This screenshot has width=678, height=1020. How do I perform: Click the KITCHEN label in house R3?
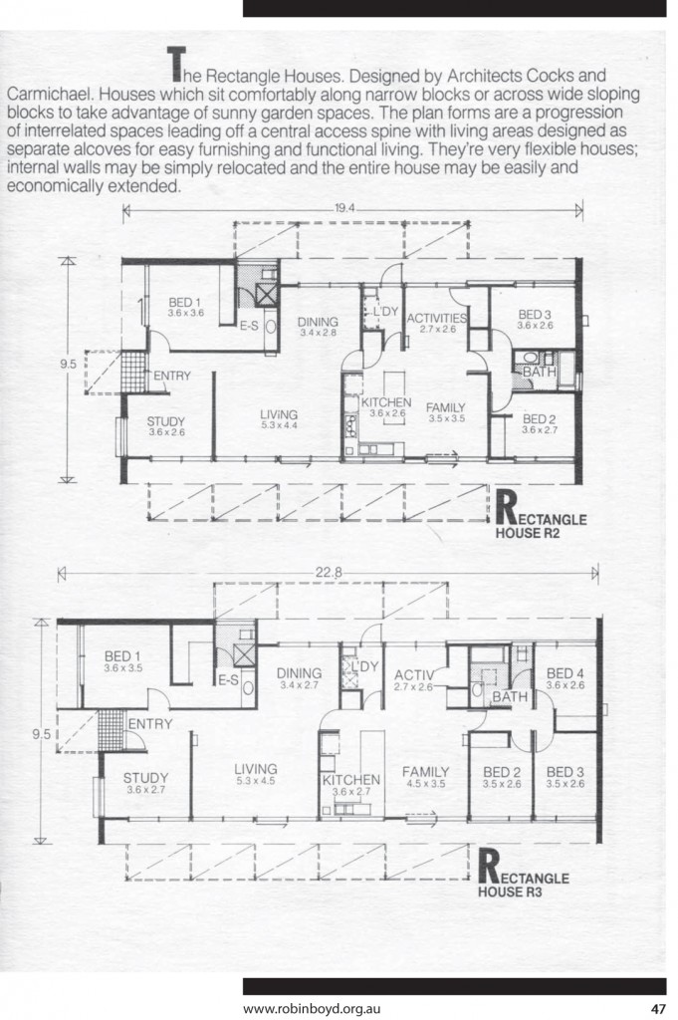point(350,779)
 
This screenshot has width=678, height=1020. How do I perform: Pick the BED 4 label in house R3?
point(565,674)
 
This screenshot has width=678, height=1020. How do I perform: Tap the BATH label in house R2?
point(539,372)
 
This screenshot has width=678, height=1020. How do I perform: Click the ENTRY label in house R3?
point(150,724)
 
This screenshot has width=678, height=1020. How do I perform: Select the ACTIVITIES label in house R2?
point(437,318)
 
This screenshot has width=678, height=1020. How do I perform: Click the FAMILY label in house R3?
point(425,771)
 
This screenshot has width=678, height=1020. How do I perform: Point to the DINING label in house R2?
point(318,322)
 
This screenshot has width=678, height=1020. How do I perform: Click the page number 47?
point(658,1006)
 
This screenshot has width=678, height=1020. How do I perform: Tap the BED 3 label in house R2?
point(535,315)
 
